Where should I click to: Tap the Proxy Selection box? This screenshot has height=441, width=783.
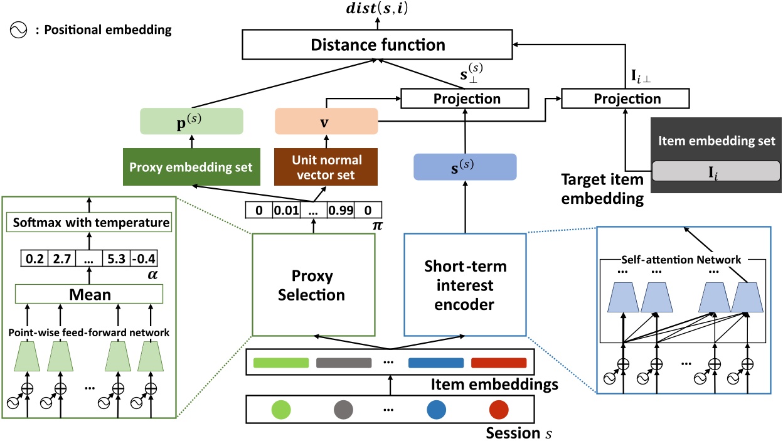(x=313, y=285)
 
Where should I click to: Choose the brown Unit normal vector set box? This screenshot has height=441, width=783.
(x=326, y=167)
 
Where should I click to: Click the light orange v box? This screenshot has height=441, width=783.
(x=326, y=120)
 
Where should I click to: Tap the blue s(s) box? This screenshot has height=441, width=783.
(x=464, y=168)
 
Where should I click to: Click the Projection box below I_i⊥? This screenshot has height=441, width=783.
(x=625, y=99)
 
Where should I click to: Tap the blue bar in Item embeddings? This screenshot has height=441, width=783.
(x=435, y=363)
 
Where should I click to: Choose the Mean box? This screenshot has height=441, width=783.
(x=89, y=294)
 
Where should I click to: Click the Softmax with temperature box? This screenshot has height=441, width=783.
(x=89, y=223)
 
